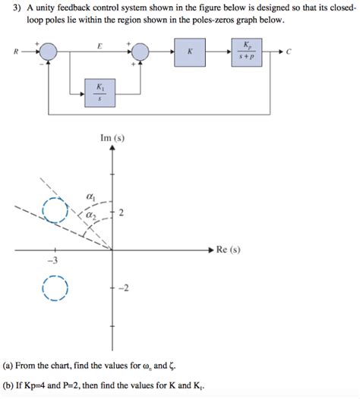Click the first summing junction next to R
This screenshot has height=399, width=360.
tap(48, 52)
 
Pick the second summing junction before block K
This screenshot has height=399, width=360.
tap(141, 52)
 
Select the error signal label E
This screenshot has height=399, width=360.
tap(99, 46)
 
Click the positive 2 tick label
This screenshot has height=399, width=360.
tap(121, 213)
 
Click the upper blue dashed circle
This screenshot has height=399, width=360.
tap(55, 209)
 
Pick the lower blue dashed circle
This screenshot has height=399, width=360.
tap(55, 289)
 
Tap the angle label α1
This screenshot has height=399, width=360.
tap(92, 197)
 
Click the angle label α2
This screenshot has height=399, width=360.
tap(92, 217)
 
